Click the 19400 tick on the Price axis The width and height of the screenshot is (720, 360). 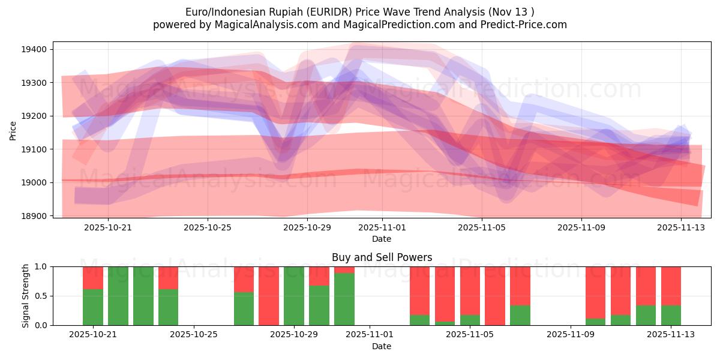click(35, 49)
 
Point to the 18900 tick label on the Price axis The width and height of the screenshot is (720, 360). click(35, 215)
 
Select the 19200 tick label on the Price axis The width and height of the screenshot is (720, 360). click(35, 116)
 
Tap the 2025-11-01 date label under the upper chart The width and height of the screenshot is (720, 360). click(382, 227)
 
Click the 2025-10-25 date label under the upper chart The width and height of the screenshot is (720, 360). click(208, 227)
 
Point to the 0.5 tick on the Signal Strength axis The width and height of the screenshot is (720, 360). click(40, 296)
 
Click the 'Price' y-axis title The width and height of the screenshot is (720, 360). click(13, 130)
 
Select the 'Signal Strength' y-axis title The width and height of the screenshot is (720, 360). click(26, 296)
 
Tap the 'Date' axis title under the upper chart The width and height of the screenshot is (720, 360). click(382, 239)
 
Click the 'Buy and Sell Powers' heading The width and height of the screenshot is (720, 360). click(382, 257)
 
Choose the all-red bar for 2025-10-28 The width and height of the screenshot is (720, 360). click(269, 296)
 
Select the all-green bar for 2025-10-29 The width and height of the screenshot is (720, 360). click(294, 296)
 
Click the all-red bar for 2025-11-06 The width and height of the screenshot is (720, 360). click(495, 296)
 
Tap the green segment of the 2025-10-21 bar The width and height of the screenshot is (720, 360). click(93, 307)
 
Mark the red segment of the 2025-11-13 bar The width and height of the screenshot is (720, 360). click(671, 286)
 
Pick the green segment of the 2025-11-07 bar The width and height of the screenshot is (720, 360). click(520, 315)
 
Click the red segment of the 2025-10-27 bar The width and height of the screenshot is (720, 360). click(244, 279)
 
